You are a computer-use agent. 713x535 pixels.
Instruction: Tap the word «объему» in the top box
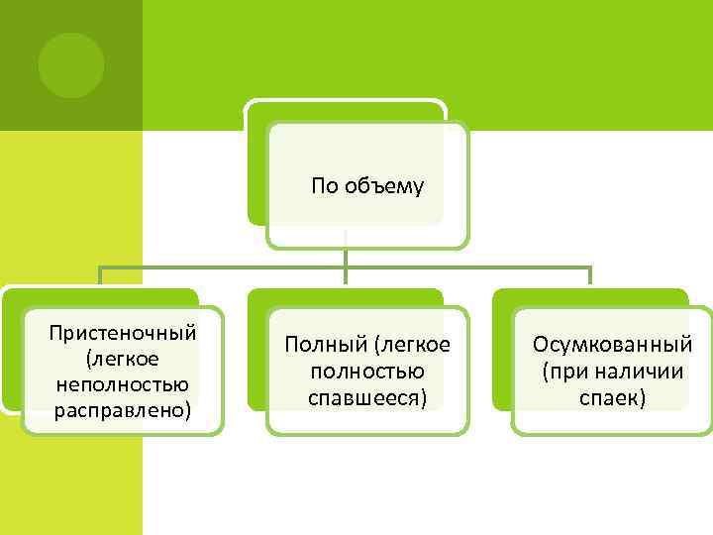[x=384, y=186]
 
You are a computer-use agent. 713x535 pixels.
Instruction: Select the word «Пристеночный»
[x=123, y=331]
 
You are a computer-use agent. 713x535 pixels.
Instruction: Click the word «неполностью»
[x=123, y=382]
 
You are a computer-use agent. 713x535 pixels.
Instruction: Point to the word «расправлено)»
[x=123, y=408]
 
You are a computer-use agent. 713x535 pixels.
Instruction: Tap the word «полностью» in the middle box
[x=367, y=372]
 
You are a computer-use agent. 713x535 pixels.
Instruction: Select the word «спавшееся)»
[x=367, y=397]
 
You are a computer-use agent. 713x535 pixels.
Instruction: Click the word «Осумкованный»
[x=612, y=345]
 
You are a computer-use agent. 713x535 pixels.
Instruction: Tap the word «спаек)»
[x=612, y=397]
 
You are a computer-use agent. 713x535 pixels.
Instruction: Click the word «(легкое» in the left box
[x=123, y=357]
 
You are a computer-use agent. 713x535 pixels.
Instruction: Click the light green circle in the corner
[x=71, y=65]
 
